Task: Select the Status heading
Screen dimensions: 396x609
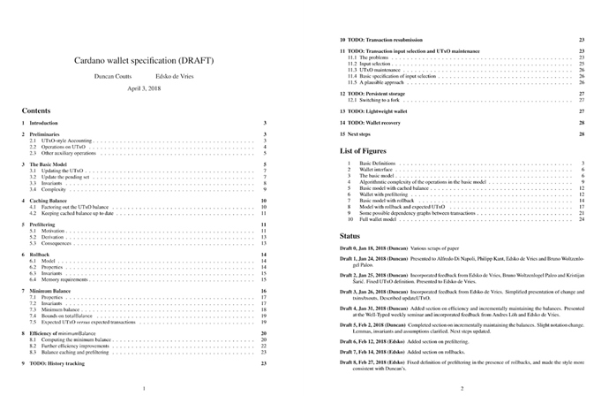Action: [x=350, y=238]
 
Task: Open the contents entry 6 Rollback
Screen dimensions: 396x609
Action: [x=41, y=255]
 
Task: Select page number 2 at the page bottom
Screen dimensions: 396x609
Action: [x=462, y=388]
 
